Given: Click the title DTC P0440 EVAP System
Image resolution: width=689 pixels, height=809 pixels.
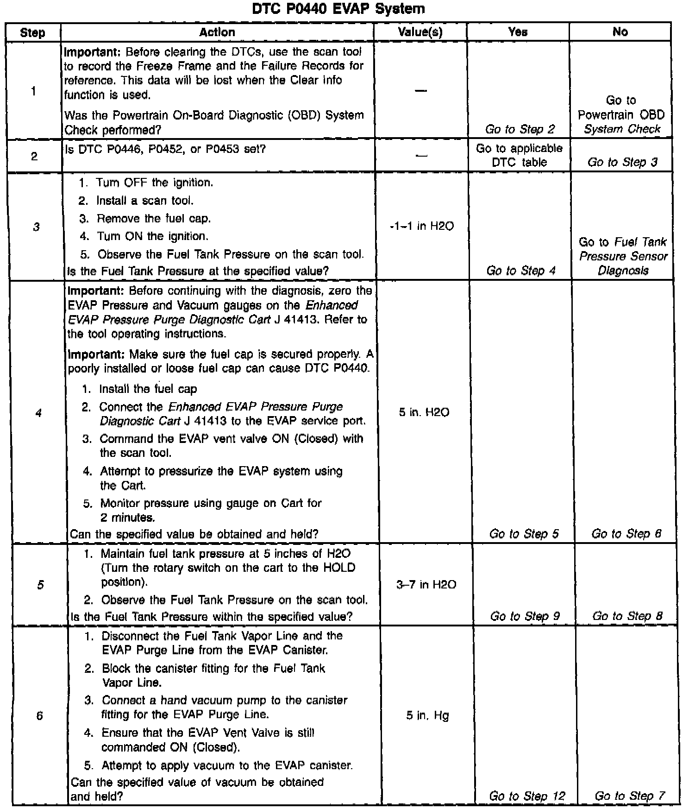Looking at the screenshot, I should click(338, 9).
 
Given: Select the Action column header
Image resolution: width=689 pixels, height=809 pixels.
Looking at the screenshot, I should click(217, 32).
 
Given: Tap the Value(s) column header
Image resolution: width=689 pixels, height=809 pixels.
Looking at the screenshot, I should click(420, 32).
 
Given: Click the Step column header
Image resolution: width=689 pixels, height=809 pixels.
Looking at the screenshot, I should click(33, 32).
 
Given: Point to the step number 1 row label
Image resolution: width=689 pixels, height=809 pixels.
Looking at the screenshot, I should click(33, 91).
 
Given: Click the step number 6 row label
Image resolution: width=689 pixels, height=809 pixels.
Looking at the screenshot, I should click(39, 716).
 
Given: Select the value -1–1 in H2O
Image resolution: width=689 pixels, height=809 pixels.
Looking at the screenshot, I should click(422, 226).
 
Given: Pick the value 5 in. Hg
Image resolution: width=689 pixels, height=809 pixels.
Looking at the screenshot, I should click(427, 715).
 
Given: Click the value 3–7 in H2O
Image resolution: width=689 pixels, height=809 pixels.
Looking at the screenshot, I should click(426, 585).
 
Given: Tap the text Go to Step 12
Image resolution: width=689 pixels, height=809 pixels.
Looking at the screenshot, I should click(527, 796).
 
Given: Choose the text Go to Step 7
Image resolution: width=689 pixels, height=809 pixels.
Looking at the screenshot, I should click(630, 796).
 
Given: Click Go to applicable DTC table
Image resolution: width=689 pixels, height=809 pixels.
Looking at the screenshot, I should click(519, 155).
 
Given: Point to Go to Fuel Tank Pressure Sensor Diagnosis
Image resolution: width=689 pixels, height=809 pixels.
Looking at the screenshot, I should click(623, 256).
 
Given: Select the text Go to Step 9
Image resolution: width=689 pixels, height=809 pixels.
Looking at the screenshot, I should click(525, 616).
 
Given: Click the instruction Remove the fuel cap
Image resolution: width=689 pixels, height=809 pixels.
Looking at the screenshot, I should click(153, 218).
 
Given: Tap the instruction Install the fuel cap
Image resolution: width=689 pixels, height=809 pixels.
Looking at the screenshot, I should click(148, 389).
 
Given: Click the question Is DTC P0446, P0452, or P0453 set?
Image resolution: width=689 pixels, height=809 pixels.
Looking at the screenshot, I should click(165, 149).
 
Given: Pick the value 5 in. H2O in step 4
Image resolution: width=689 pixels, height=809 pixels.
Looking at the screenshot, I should click(424, 412).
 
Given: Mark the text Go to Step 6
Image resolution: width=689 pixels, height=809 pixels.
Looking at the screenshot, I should click(626, 534).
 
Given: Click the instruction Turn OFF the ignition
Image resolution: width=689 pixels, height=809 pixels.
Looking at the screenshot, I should click(154, 183).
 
